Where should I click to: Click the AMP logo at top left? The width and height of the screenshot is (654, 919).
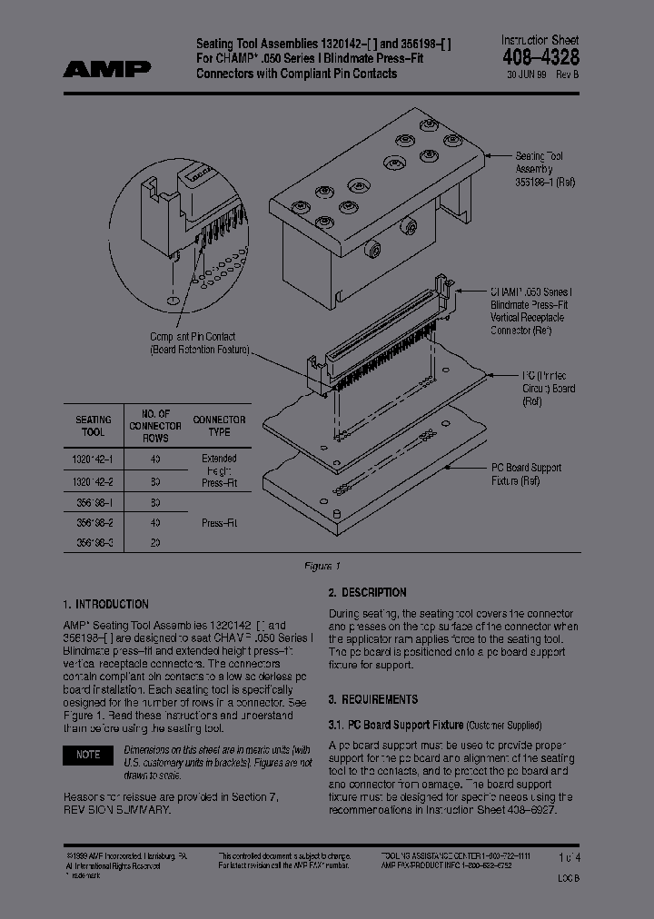pyautogui.click(x=107, y=68)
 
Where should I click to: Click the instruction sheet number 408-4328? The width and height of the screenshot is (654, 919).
pyautogui.click(x=540, y=56)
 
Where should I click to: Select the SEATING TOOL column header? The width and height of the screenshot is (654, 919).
pyautogui.click(x=94, y=426)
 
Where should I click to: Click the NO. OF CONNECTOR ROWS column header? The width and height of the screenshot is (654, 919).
pyautogui.click(x=155, y=426)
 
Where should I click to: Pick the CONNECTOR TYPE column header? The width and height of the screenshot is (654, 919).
pyautogui.click(x=219, y=426)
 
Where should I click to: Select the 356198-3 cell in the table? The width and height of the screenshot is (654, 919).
pyautogui.click(x=94, y=543)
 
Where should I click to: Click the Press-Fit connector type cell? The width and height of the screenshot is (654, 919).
pyautogui.click(x=219, y=523)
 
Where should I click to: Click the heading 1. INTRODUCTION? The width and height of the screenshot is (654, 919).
pyautogui.click(x=106, y=604)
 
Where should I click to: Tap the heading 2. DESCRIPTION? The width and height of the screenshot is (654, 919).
pyautogui.click(x=367, y=593)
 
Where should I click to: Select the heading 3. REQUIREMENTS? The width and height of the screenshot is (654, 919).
pyautogui.click(x=372, y=699)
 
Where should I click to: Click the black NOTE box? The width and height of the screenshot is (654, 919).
pyautogui.click(x=88, y=755)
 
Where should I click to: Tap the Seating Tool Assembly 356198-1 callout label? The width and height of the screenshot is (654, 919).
pyautogui.click(x=544, y=169)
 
